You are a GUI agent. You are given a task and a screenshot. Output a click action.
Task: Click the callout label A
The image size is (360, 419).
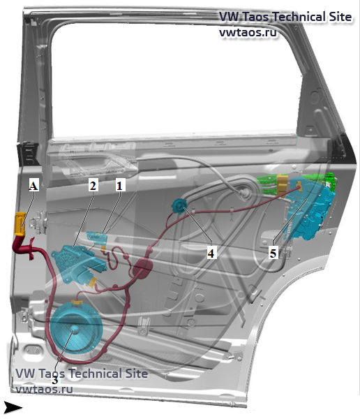[x=33, y=186]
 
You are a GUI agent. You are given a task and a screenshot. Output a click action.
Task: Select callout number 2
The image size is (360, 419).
[x=93, y=185]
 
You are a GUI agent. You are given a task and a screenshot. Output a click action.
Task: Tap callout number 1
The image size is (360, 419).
[x=119, y=185]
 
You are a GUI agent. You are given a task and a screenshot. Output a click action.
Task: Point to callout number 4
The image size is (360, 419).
[x=211, y=253]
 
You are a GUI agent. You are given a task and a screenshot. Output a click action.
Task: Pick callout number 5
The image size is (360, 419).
[x=273, y=253]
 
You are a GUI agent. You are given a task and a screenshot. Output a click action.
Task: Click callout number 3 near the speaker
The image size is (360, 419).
[x=54, y=380]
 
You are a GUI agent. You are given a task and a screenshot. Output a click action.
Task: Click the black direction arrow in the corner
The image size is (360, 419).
[x=13, y=408]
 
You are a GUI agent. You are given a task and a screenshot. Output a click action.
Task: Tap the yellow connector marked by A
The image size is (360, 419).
[x=20, y=223]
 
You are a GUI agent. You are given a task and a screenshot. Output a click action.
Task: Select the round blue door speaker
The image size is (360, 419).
[x=76, y=328]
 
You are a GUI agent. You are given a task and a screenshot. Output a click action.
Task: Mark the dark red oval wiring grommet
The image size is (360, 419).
[x=142, y=268]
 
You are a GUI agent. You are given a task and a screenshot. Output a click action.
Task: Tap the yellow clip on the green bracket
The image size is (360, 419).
[x=282, y=185]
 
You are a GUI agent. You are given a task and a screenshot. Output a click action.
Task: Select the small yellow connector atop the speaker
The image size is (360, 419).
[x=77, y=302]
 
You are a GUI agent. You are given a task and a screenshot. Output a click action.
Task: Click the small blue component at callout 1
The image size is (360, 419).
[x=96, y=237]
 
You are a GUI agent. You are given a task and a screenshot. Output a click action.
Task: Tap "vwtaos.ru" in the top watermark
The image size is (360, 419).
[x=248, y=32]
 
